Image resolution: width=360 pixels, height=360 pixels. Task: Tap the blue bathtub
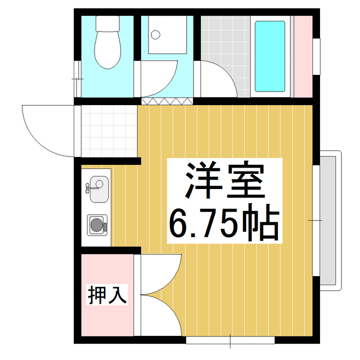tap(270, 56)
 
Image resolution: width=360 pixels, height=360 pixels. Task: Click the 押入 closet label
tap(107, 294)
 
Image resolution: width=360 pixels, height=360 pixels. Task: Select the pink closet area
tap(107, 315)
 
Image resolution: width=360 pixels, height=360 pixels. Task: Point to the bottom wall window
tap(231, 340)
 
